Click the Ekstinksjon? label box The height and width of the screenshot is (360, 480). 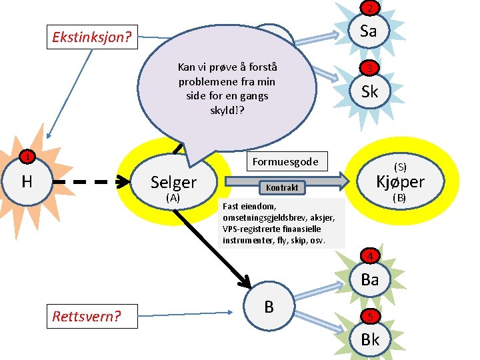(92, 37)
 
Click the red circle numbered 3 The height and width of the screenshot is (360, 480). (369, 69)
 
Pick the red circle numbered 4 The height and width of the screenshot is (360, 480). (369, 256)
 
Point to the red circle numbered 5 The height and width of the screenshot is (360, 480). (369, 317)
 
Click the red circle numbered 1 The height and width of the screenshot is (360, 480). (25, 157)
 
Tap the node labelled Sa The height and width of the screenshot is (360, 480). (369, 31)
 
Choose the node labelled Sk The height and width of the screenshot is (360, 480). (369, 91)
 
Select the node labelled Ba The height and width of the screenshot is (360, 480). (369, 279)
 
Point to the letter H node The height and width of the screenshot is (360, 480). (27, 181)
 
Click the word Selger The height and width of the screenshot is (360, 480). (173, 182)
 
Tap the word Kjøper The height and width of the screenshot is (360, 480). (400, 181)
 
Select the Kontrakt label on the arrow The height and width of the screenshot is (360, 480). (282, 188)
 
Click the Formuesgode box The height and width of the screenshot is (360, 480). (285, 161)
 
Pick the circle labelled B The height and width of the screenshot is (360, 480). (269, 307)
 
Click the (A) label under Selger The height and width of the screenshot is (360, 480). (173, 198)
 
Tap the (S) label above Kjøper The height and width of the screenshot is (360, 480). (400, 166)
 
